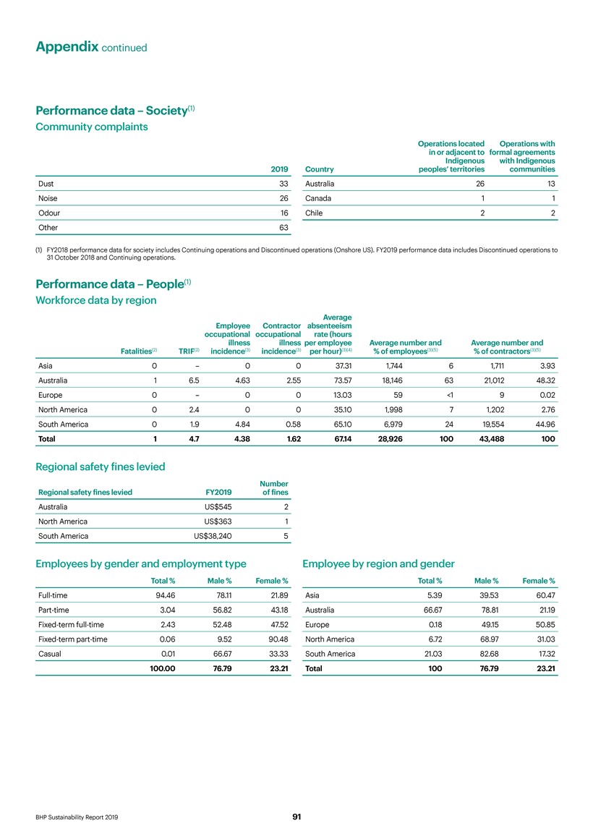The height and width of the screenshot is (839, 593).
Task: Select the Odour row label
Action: click(49, 213)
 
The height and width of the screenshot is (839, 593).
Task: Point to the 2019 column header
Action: click(279, 169)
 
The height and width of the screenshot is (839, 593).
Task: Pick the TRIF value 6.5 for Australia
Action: click(194, 380)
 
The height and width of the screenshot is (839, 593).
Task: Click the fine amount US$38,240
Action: click(213, 536)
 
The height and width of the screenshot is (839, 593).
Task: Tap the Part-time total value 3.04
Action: click(165, 610)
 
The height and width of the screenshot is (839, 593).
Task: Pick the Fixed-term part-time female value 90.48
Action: click(276, 639)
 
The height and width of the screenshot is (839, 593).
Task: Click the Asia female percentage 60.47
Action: click(543, 595)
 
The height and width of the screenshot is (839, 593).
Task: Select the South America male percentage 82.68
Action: click(483, 654)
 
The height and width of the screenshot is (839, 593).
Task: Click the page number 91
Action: click(296, 817)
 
